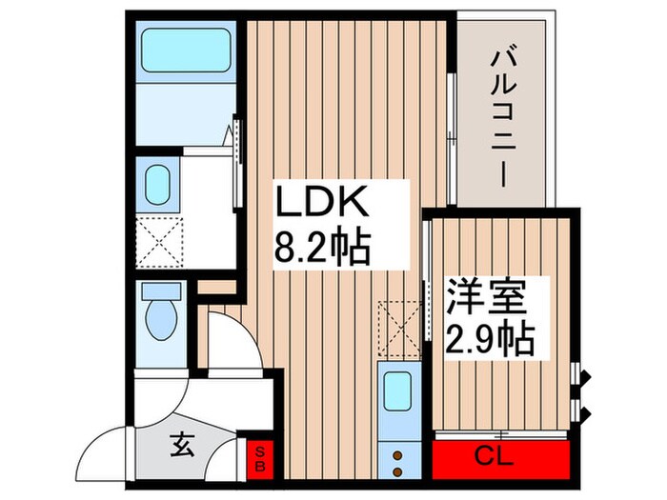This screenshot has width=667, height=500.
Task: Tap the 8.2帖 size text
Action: (322, 250)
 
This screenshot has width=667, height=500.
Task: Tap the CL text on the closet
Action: (495, 456)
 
